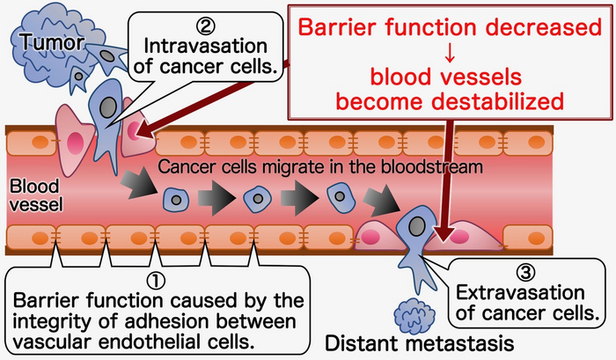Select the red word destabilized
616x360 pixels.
point(502,101)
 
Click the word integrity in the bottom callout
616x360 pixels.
point(53,317)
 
